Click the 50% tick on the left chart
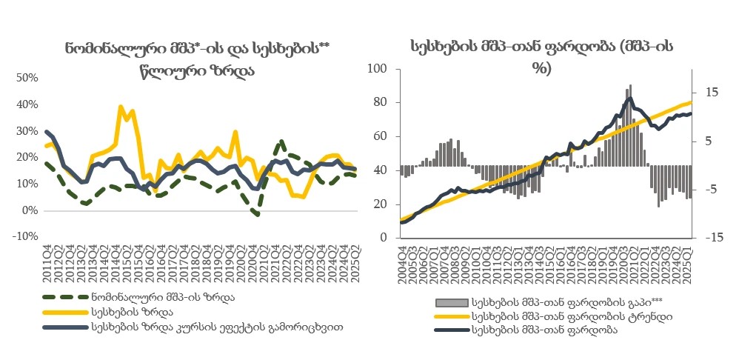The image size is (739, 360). pos(27,78)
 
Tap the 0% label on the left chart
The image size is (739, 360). pos(30,210)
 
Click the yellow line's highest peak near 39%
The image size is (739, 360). pos(121,107)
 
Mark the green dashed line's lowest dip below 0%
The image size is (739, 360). pos(255,214)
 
